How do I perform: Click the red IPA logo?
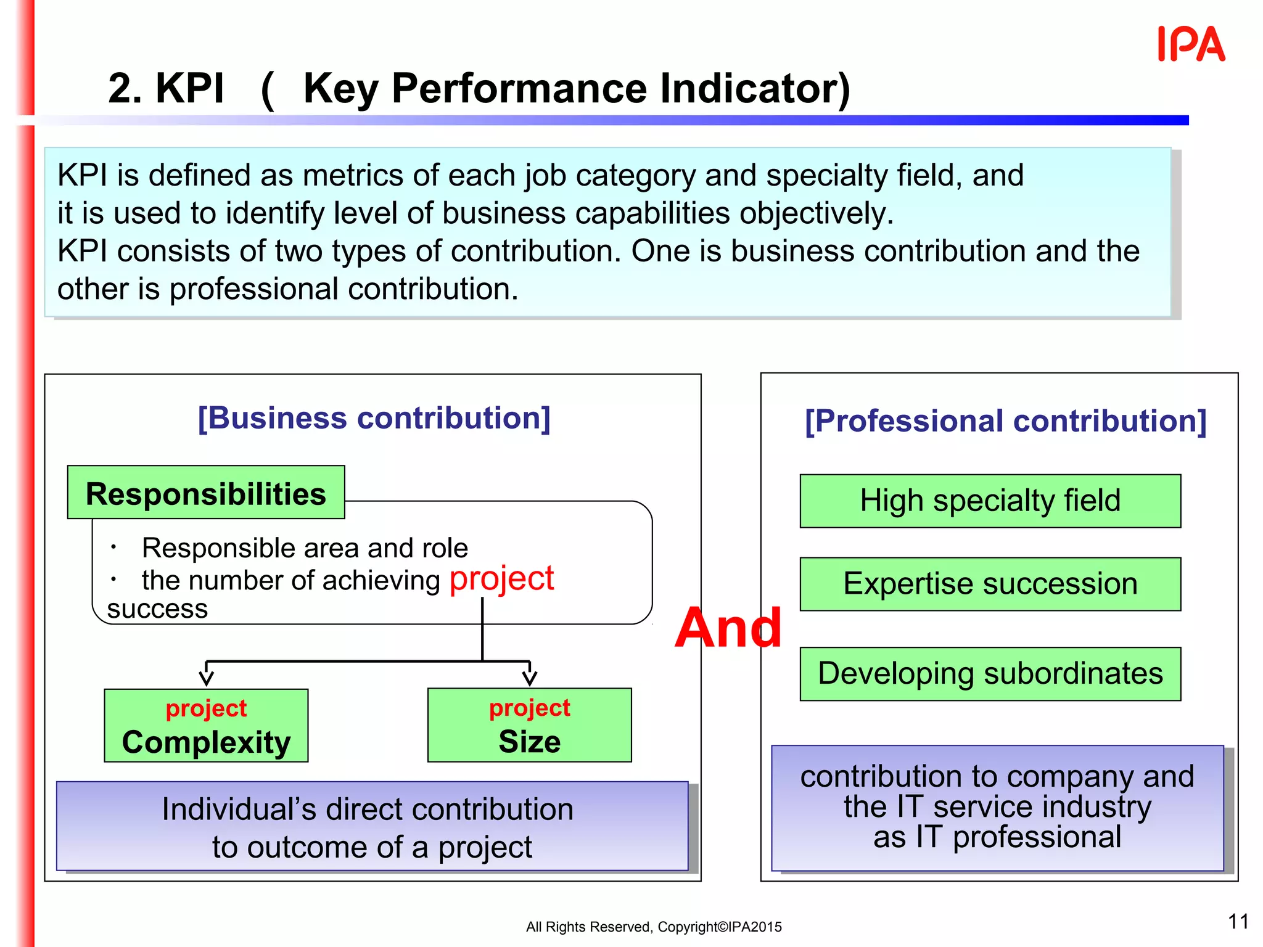coord(1191,44)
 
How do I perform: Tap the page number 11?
coord(1238,922)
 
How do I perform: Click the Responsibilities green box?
coord(206,493)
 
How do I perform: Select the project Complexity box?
coord(206,726)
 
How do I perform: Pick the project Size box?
coord(529,726)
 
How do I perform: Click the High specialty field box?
coord(990,501)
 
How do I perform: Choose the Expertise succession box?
coord(990,584)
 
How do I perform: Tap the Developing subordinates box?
coord(990,674)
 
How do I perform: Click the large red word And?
coord(728,628)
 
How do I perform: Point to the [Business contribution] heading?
coord(374,419)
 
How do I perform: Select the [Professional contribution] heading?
coord(1005,422)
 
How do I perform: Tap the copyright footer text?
coord(654,927)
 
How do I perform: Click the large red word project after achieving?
coord(501,579)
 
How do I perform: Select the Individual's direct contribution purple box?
coord(372,827)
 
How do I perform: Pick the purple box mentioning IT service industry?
coord(997,808)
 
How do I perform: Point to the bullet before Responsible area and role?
coord(113,547)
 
